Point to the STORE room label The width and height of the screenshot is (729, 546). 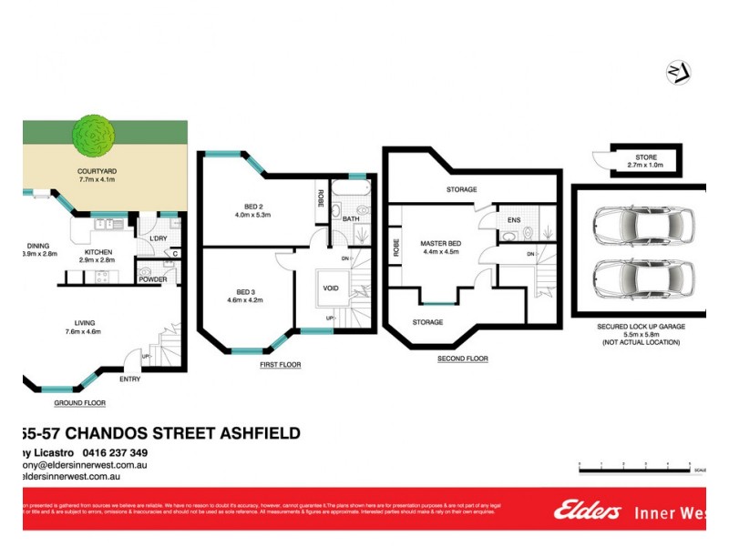640,158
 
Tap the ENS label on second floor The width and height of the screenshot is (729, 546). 514,219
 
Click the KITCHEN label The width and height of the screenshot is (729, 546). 99,250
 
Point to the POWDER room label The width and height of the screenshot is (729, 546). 153,279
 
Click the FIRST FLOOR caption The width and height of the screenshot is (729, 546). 280,364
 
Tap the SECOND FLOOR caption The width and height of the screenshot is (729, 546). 465,359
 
